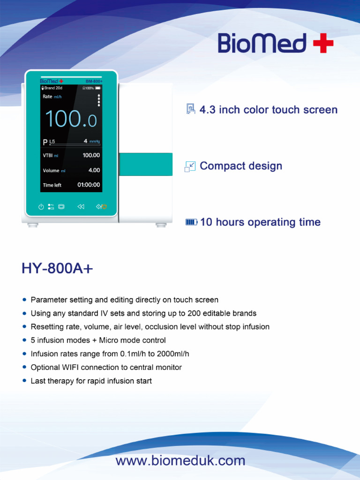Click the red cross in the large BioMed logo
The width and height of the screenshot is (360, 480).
pyautogui.click(x=323, y=44)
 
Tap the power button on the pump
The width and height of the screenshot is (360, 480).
pyautogui.click(x=41, y=206)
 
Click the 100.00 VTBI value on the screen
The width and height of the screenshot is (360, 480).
pyautogui.click(x=91, y=155)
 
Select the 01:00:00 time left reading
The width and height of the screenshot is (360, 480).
pyautogui.click(x=89, y=185)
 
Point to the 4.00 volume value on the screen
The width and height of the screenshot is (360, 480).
pyautogui.click(x=94, y=170)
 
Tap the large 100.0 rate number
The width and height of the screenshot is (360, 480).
pyautogui.click(x=71, y=119)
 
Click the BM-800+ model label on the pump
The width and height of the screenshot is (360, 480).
pyautogui.click(x=94, y=81)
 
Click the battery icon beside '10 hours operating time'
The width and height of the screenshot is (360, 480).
pyautogui.click(x=191, y=222)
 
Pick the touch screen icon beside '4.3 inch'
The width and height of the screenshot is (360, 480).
pyautogui.click(x=190, y=110)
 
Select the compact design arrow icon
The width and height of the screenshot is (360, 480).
pyautogui.click(x=190, y=166)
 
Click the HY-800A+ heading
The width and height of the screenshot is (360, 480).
pyautogui.click(x=57, y=269)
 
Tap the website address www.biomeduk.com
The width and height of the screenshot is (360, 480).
pyautogui.click(x=180, y=461)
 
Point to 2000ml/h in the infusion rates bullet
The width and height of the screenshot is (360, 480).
pyautogui.click(x=173, y=354)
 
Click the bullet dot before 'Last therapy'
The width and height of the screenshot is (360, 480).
pyautogui.click(x=24, y=381)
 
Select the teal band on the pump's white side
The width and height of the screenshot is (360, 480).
pyautogui.click(x=145, y=164)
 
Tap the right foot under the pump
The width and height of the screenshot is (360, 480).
pyautogui.click(x=161, y=225)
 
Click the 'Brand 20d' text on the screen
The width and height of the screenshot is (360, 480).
pyautogui.click(x=53, y=88)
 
